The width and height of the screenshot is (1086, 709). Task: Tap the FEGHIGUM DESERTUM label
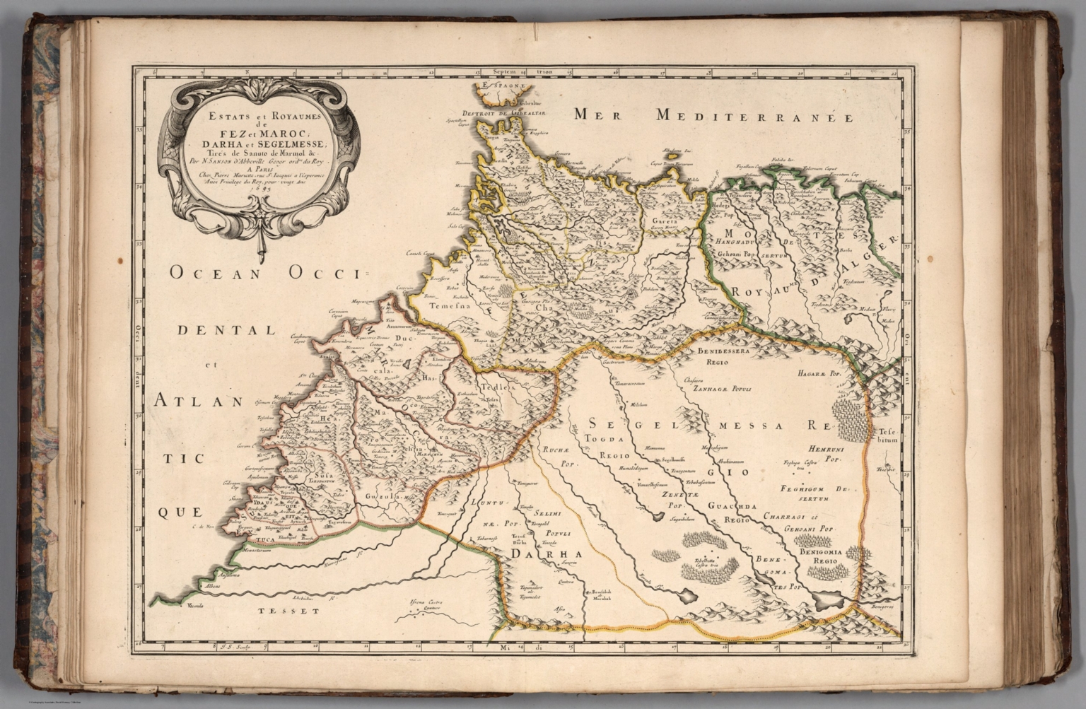click(x=813, y=493)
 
